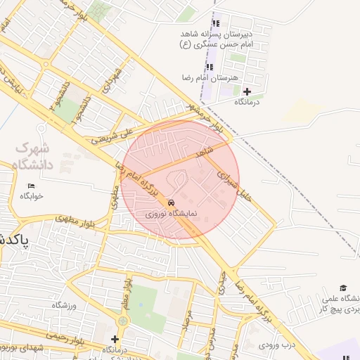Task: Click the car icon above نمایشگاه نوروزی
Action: tap(172, 202)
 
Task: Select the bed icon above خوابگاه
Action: tap(30, 186)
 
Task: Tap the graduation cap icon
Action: tap(343, 288)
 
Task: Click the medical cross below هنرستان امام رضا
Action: tap(247, 91)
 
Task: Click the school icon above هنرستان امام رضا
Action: tap(209, 67)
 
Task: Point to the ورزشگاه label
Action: tap(64, 304)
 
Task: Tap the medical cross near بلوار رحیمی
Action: tap(115, 340)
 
